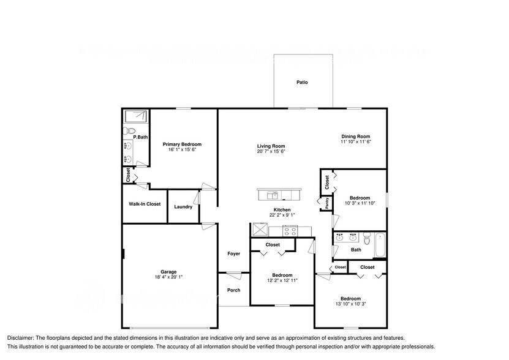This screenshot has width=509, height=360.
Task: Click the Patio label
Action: [302, 81]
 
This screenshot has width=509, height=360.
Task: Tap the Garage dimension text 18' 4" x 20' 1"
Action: [168, 277]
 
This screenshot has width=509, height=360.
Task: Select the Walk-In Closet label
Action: [145, 204]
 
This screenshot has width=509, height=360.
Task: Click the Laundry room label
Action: [183, 207]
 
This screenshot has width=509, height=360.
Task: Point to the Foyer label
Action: [234, 253]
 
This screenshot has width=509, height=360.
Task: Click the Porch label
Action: [234, 290]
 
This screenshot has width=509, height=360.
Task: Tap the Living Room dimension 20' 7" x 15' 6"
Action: [271, 151]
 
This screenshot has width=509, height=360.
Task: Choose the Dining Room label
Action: [356, 137]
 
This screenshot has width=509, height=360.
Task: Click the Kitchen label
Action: [282, 210]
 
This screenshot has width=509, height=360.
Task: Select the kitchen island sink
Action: [272, 195]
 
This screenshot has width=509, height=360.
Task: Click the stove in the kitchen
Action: [290, 231]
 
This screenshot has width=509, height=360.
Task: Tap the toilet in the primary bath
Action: [129, 130]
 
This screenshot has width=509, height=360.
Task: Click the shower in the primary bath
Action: [135, 116]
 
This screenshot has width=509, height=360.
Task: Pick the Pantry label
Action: [326, 203]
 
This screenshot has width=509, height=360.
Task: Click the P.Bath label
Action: [140, 137]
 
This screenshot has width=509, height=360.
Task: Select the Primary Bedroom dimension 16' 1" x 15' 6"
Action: [182, 150]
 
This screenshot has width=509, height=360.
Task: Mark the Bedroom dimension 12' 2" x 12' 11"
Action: [282, 280]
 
